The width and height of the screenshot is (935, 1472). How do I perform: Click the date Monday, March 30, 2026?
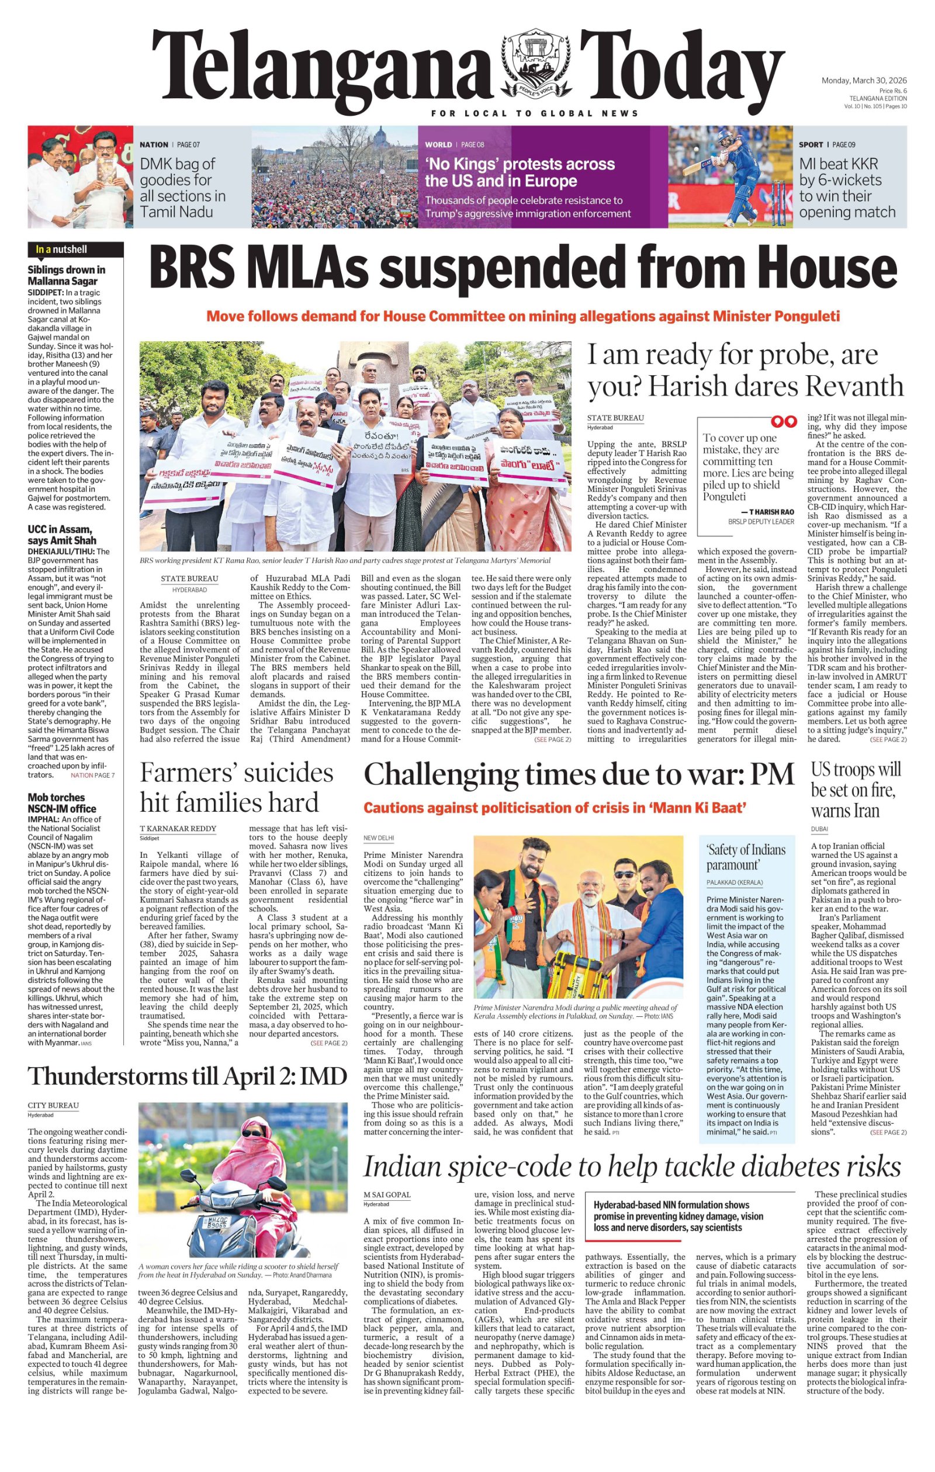(864, 81)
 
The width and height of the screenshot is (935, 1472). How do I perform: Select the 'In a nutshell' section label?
(61, 250)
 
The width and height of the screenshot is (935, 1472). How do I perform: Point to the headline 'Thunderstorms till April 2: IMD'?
(187, 1076)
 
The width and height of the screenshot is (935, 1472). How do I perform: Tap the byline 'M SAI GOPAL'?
(387, 1194)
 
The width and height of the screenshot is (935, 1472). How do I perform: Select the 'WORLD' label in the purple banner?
(438, 145)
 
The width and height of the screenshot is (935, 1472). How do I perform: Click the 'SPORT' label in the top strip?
(811, 145)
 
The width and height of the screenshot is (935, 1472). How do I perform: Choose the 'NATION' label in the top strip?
(154, 145)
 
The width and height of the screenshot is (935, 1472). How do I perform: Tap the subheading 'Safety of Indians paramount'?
(746, 857)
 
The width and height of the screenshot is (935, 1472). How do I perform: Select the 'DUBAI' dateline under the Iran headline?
(819, 829)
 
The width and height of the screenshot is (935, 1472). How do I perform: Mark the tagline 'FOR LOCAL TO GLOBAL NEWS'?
(535, 113)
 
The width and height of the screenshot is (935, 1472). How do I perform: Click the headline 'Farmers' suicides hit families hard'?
(237, 787)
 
